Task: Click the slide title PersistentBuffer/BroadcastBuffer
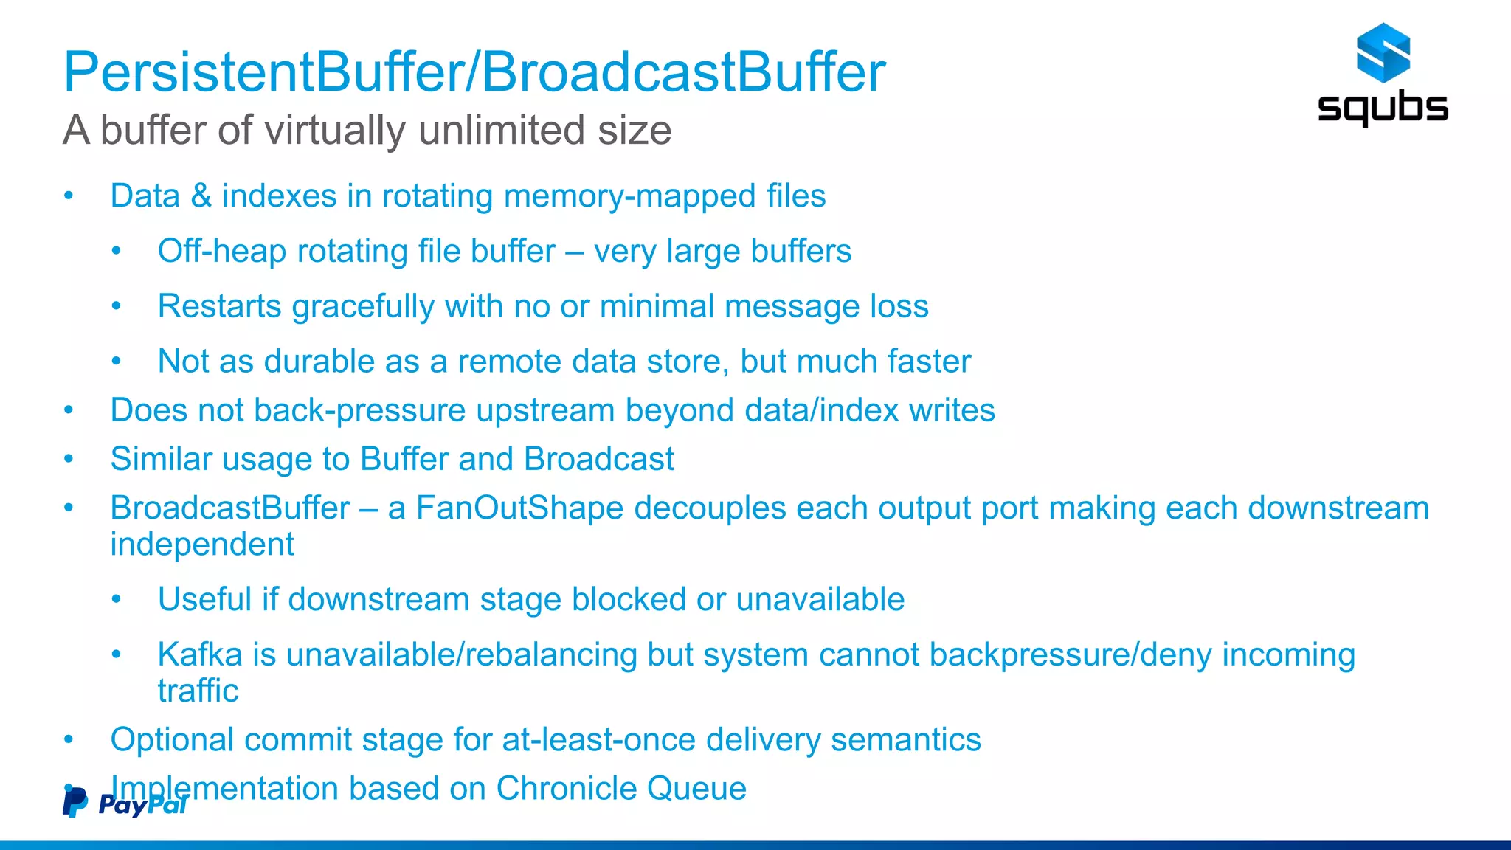(x=474, y=72)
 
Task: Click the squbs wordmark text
(x=1383, y=108)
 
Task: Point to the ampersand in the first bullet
(x=201, y=196)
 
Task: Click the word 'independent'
(x=201, y=545)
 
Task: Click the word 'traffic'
(x=198, y=691)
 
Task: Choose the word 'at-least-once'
(x=598, y=740)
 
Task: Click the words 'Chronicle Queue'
(x=620, y=789)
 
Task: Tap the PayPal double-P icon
(x=75, y=803)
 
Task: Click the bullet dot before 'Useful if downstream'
(x=116, y=600)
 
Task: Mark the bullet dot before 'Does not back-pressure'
(x=69, y=411)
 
